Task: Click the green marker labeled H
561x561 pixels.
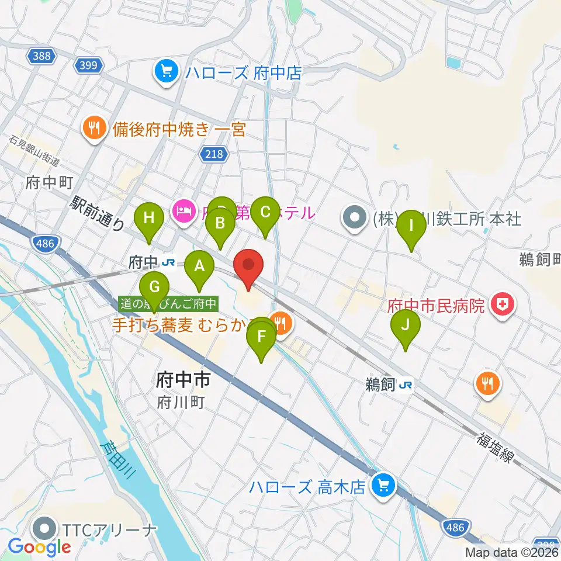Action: coord(150,219)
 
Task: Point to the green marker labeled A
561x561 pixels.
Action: coord(199,267)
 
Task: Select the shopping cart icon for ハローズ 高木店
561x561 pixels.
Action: coord(384,485)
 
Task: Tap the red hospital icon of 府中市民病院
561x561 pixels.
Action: coord(501,304)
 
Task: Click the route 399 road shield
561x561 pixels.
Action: coord(89,65)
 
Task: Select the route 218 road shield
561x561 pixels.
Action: coord(215,153)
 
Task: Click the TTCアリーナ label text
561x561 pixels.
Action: coord(110,530)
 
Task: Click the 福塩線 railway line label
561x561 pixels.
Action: coord(496,446)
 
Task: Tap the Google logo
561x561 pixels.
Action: coord(39,546)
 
